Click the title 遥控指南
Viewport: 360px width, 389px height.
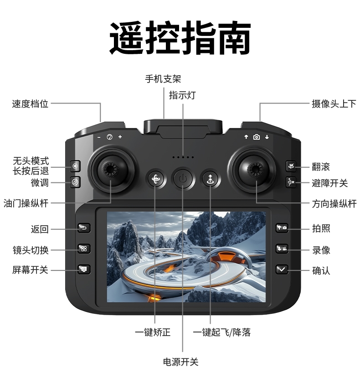pos(180,38)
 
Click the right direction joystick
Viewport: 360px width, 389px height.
pos(255,170)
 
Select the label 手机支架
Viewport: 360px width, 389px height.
pos(163,79)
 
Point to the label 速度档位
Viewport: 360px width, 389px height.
pos(30,104)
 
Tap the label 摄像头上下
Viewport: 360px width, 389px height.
pos(334,104)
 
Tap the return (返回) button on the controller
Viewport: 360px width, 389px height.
pos(84,228)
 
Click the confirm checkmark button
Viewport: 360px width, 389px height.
pos(282,269)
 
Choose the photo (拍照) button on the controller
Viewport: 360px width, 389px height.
pos(282,228)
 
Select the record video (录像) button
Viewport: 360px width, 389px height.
pos(282,249)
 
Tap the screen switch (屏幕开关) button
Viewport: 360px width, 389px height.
pos(84,269)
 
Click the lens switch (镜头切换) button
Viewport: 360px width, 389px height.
pos(84,249)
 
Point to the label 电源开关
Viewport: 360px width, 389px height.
pos(181,362)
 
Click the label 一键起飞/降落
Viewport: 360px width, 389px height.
pos(221,332)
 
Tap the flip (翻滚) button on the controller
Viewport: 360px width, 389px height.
pos(291,166)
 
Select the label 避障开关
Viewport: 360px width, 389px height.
pos(329,183)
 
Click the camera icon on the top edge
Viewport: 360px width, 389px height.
pos(257,137)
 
